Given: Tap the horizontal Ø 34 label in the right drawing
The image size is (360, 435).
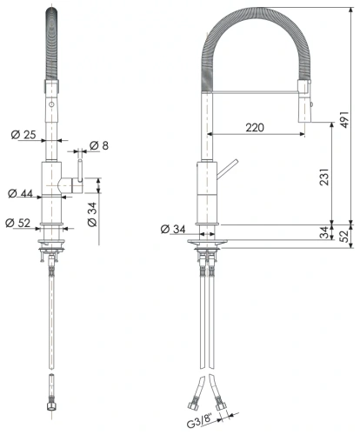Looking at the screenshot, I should [x=174, y=230].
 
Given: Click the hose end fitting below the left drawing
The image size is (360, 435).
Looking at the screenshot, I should [x=53, y=384].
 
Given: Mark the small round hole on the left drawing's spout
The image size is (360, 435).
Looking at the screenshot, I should [x=52, y=103].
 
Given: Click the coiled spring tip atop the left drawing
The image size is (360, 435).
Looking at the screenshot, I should [x=52, y=35].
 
